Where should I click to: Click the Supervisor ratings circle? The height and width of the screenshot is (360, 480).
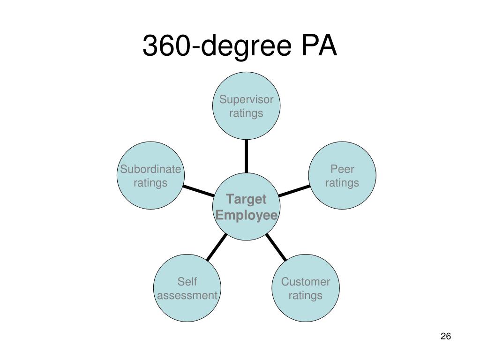pyautogui.click(x=247, y=106)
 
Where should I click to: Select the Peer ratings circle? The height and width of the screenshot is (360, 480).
pyautogui.click(x=342, y=175)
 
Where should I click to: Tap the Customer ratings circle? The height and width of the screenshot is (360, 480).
pyautogui.click(x=306, y=288)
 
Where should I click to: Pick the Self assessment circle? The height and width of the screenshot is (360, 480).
pyautogui.click(x=187, y=288)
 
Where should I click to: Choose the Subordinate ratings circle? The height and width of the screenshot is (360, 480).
pyautogui.click(x=150, y=175)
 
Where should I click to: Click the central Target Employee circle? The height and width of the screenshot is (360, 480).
pyautogui.click(x=247, y=207)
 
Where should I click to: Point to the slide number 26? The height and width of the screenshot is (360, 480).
pyautogui.click(x=446, y=336)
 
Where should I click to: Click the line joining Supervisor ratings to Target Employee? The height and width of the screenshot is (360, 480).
pyautogui.click(x=247, y=156)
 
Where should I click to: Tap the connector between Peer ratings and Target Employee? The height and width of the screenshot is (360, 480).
pyautogui.click(x=294, y=191)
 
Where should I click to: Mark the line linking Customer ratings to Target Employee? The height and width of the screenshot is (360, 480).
pyautogui.click(x=276, y=247)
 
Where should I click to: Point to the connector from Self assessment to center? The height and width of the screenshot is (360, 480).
pyautogui.click(x=217, y=247)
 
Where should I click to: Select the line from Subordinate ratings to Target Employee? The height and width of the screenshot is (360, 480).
pyautogui.click(x=199, y=191)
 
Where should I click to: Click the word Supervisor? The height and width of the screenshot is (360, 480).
pyautogui.click(x=247, y=99)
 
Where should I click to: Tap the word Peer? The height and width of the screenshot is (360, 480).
pyautogui.click(x=342, y=169)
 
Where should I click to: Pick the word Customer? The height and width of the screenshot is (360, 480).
pyautogui.click(x=306, y=282)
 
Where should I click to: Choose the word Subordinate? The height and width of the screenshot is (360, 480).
pyautogui.click(x=150, y=169)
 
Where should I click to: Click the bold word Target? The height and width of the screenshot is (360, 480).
pyautogui.click(x=247, y=199)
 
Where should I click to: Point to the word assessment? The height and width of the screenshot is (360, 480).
pyautogui.click(x=187, y=295)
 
